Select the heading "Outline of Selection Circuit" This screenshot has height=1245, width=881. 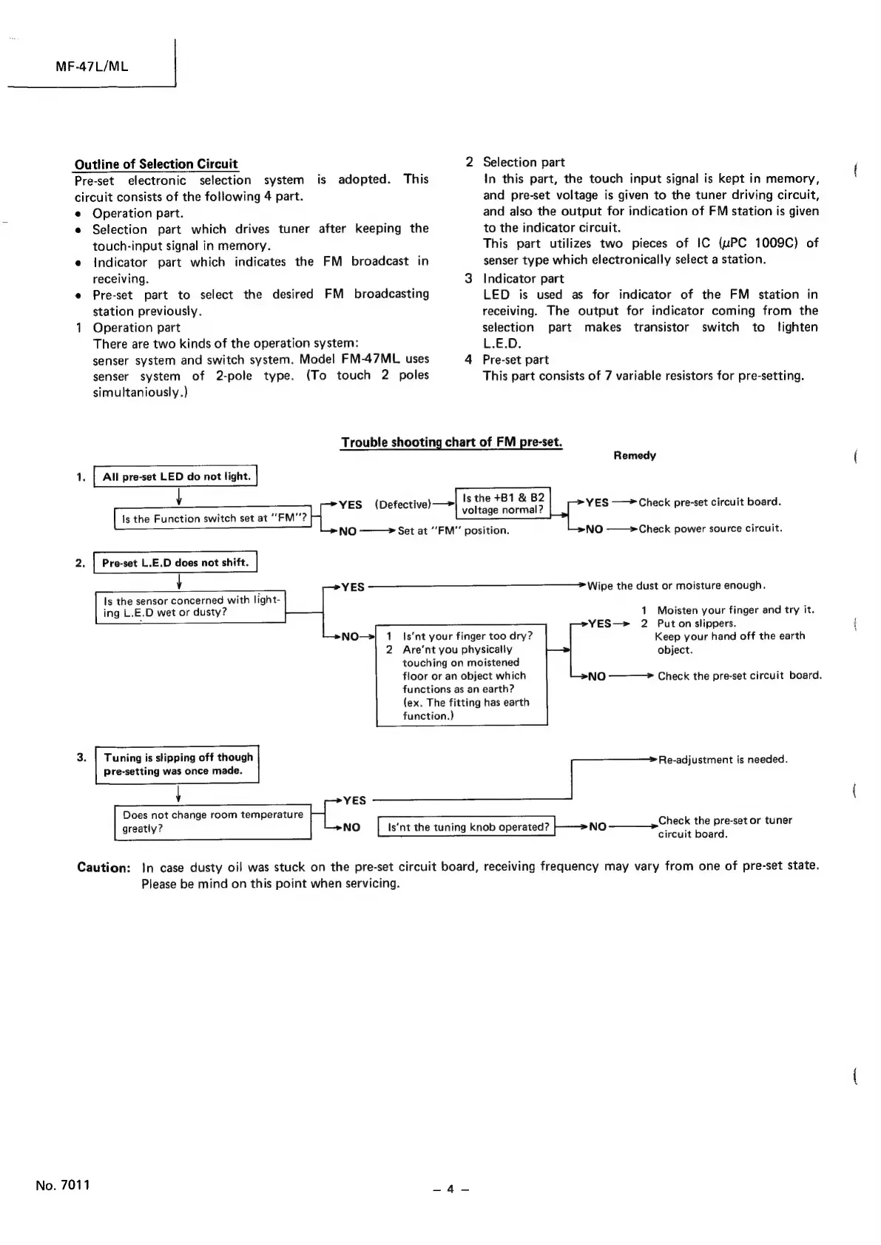click(156, 163)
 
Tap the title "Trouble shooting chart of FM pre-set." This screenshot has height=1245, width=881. click(451, 442)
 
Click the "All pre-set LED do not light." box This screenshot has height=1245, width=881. click(176, 476)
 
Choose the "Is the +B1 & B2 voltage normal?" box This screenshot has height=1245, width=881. click(503, 503)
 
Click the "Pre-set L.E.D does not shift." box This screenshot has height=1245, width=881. click(175, 562)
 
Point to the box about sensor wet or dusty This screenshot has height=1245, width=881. click(191, 607)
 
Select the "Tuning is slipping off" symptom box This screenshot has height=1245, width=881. click(178, 763)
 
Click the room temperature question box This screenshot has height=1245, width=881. click(213, 821)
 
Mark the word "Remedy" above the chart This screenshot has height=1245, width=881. click(635, 456)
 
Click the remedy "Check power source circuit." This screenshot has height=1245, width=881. click(710, 528)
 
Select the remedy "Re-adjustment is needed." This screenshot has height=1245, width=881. click(723, 759)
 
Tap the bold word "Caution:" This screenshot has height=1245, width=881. click(104, 867)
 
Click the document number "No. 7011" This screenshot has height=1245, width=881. click(62, 1184)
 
